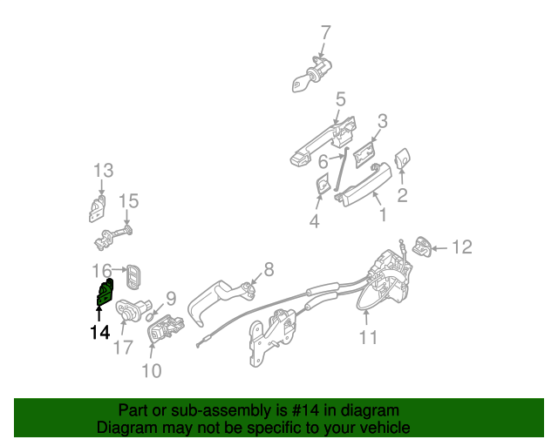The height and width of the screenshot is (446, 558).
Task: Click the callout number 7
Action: point(325,33)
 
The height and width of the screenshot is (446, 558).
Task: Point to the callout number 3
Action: point(382,120)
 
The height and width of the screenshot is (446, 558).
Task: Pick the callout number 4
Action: point(314,222)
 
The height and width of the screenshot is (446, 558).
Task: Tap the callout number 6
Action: point(323,161)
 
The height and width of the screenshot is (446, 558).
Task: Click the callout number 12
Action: point(461,248)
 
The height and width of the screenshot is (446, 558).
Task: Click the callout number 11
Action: point(369,337)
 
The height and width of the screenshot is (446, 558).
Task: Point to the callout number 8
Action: point(269,267)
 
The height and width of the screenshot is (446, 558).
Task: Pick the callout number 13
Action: point(104,169)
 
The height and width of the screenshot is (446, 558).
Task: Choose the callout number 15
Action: point(128,201)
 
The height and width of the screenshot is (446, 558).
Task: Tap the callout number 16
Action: point(102,270)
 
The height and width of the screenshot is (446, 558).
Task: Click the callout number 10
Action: point(151,370)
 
